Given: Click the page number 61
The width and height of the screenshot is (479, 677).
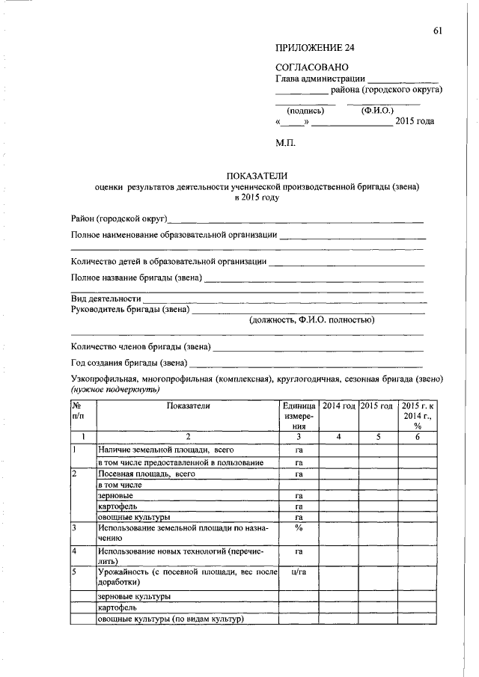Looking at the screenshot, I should tap(438, 30).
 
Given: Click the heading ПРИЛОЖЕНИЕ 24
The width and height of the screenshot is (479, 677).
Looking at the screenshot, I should tap(314, 48).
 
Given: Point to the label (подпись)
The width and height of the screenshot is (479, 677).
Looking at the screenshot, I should tap(305, 111).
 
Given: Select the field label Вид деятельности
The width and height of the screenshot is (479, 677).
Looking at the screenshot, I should tap(106, 298).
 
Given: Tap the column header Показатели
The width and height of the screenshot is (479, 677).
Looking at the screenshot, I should tap(189, 405).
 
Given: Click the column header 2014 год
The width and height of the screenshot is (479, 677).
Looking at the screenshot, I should tap(338, 405).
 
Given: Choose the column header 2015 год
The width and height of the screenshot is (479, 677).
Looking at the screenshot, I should tap(376, 405).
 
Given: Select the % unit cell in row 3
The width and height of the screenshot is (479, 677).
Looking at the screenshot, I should tap(298, 528).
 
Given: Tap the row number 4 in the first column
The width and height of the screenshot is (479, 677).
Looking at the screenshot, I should tap(75, 551).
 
